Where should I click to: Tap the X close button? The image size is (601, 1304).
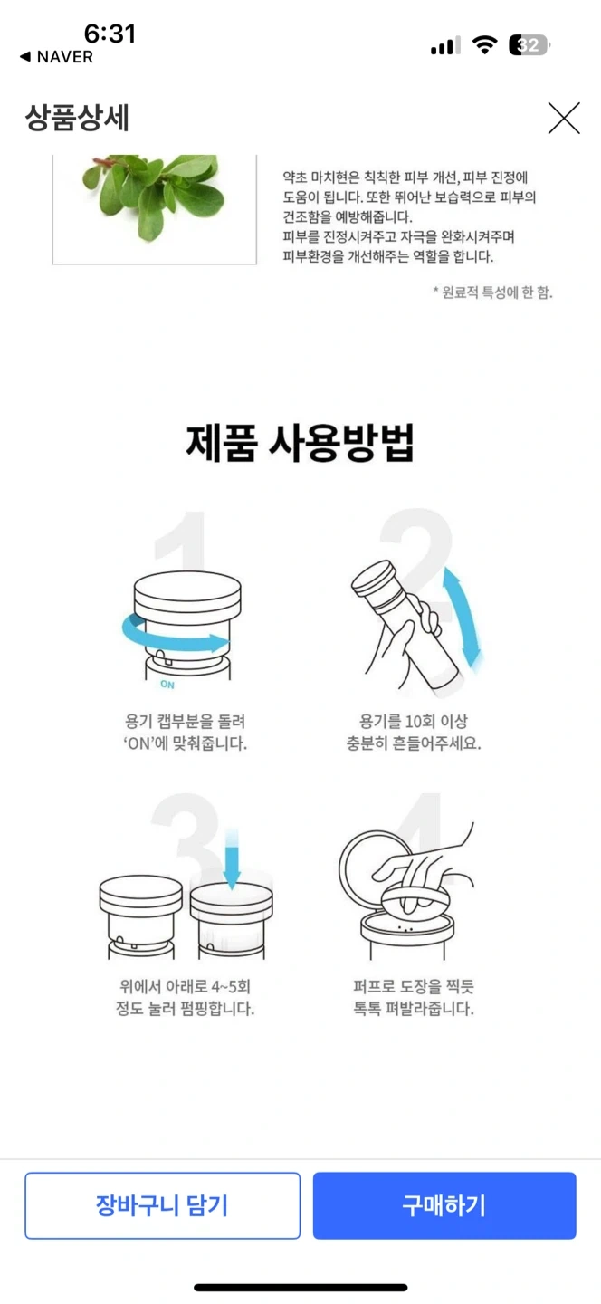coord(564,118)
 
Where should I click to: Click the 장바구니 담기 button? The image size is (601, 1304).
coord(162,1205)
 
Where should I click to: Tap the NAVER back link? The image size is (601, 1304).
coord(56,56)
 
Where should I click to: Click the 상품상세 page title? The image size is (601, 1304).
coord(77,118)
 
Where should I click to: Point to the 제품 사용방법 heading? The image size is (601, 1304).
coord(300,443)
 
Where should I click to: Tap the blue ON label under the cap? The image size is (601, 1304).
coord(167,685)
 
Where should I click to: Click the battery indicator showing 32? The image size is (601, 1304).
coord(529,45)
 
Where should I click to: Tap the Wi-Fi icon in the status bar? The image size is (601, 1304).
coord(484,45)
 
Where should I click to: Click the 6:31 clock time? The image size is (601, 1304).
coord(110,34)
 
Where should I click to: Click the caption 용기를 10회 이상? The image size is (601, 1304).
coord(413,722)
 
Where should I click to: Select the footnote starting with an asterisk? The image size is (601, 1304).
coord(492,292)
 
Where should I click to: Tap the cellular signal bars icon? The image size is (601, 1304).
coord(445,45)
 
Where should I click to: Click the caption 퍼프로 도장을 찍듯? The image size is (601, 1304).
coord(413,986)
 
